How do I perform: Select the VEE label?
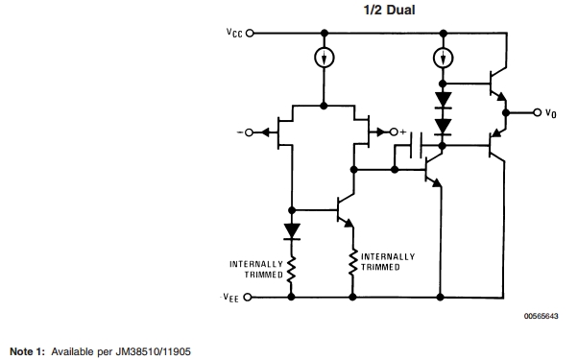(x=232, y=298)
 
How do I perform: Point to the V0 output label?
(x=550, y=113)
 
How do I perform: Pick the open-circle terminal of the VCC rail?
(x=251, y=33)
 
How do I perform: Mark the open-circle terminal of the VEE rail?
(x=251, y=297)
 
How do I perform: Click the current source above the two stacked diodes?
(x=442, y=58)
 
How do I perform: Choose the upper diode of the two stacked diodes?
(x=442, y=98)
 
